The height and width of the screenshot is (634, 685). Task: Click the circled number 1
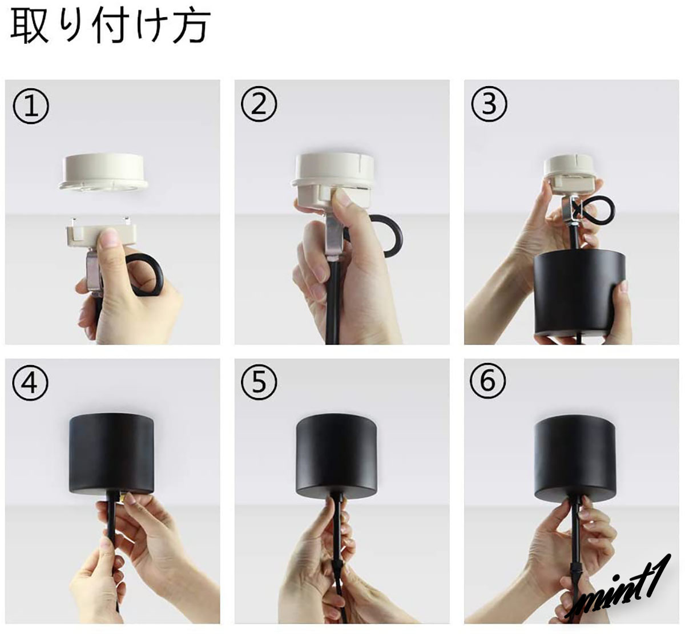point(31,106)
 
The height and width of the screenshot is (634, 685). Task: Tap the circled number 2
point(259,104)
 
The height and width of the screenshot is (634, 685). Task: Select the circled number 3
point(489,103)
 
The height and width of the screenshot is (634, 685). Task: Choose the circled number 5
point(259,382)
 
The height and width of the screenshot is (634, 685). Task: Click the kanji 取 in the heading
point(29,27)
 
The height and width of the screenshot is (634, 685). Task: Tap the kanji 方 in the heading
point(191,27)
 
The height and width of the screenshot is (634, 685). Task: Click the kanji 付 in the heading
point(111,27)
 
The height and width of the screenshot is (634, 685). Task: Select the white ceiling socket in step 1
point(103,172)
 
